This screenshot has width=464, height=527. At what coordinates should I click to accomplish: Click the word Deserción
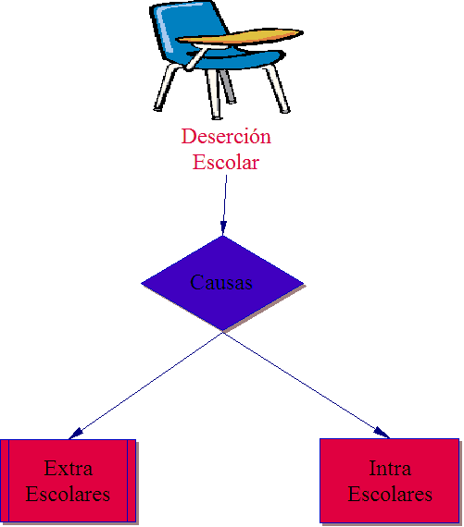point(226,137)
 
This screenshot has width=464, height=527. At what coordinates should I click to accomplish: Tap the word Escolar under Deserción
point(226,162)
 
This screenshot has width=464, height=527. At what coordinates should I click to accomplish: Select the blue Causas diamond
point(222,283)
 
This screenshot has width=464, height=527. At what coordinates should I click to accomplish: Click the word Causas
point(221,282)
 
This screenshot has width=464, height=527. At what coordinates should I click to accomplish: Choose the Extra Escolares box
point(69,482)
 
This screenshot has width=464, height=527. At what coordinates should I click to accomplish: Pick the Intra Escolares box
point(390,481)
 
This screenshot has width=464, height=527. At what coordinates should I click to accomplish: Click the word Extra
point(69,468)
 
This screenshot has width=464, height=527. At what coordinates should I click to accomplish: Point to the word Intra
point(390,468)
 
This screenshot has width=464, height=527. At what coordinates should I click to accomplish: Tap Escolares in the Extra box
point(68,494)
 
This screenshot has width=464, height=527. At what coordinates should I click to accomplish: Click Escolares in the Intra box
point(390,494)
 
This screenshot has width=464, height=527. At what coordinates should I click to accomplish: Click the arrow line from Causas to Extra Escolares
point(145,386)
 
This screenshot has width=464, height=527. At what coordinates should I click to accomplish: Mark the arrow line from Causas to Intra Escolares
point(306,385)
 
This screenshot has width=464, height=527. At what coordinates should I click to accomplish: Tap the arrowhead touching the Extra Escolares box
point(75,434)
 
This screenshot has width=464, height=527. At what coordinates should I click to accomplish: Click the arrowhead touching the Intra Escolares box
point(382,433)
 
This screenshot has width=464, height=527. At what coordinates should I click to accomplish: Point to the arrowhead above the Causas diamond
point(223,227)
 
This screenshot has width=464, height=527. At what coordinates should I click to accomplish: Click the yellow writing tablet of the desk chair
point(241,36)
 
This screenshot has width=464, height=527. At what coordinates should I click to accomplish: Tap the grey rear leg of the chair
point(227,86)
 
